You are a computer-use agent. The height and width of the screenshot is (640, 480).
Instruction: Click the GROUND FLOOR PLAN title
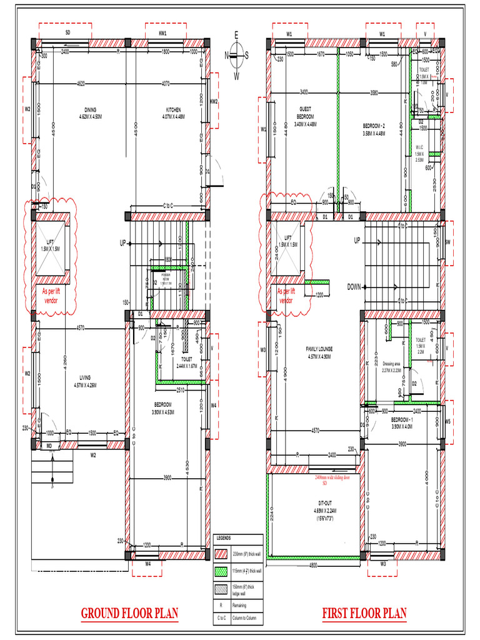click(x=129, y=613)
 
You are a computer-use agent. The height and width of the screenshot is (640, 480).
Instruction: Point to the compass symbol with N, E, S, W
click(x=236, y=55)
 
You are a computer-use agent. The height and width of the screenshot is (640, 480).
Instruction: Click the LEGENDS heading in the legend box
click(x=224, y=538)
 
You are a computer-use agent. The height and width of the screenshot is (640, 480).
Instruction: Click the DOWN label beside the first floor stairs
click(x=354, y=287)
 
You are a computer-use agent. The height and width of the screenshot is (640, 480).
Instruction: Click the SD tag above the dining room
click(x=67, y=32)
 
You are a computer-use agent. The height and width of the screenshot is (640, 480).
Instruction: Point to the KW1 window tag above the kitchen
click(x=163, y=32)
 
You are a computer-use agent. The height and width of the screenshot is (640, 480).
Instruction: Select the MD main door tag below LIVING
click(x=48, y=446)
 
